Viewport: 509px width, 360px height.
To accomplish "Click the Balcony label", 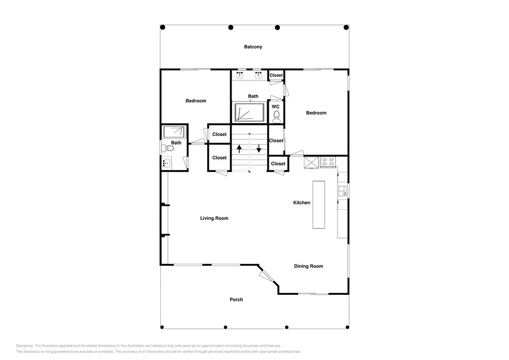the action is pos(253,47).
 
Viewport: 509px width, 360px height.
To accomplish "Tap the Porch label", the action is pos(236,299).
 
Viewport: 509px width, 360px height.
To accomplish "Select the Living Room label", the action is pos(214,218).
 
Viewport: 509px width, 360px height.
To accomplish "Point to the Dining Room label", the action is pos(308,266).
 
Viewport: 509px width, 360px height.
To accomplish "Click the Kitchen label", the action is pos(302,203).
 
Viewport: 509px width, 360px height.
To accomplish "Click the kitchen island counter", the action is pos(319,205).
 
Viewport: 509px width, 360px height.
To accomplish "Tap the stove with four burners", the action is pos(328,161).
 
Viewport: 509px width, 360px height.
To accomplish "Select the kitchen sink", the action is pos(343,191).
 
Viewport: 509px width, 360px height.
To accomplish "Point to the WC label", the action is pos(275,106).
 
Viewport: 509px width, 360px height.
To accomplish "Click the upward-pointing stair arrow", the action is pos(239,149).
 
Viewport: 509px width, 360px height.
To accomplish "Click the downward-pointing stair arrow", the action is pos(259,148).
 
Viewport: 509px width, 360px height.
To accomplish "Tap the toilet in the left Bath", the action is pos(167,148).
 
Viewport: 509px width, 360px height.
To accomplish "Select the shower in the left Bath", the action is pos(175,132).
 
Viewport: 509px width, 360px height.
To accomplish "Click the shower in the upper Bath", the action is pos(249,113).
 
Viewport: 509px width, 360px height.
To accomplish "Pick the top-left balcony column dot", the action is pos(163,27).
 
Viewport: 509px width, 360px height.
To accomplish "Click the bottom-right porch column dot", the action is pos(347,327).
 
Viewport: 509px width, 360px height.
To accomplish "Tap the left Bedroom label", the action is pos(196,101).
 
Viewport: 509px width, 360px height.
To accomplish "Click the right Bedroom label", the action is pos(316,113).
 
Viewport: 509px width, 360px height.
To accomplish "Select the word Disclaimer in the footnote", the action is pos(24,346).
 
